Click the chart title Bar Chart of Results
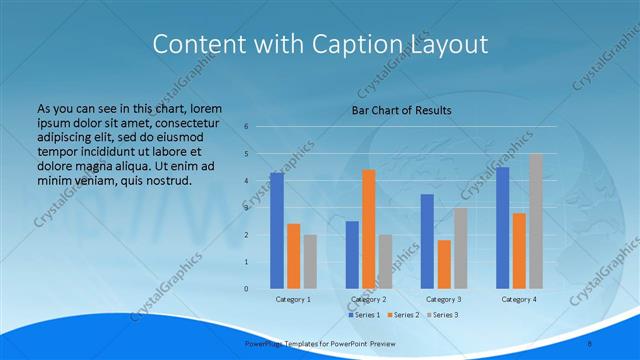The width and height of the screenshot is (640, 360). point(401,110)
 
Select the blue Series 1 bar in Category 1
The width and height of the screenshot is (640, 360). point(277,230)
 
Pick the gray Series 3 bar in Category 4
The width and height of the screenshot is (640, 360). point(536,221)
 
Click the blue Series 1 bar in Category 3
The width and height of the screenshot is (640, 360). point(427,241)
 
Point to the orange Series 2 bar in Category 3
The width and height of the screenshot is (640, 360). point(444,264)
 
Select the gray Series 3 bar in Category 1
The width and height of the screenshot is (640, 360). point(310,261)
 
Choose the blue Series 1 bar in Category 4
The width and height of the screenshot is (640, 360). point(502,227)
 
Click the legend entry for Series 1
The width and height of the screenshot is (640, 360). point(364,315)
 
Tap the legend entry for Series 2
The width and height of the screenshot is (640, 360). point(406,315)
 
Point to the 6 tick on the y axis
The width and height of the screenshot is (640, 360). point(246,127)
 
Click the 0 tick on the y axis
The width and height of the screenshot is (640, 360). point(246,289)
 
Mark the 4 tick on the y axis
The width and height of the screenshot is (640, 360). point(246,181)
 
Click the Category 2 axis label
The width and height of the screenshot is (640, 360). point(369,299)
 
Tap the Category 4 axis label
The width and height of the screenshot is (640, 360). point(519,299)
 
